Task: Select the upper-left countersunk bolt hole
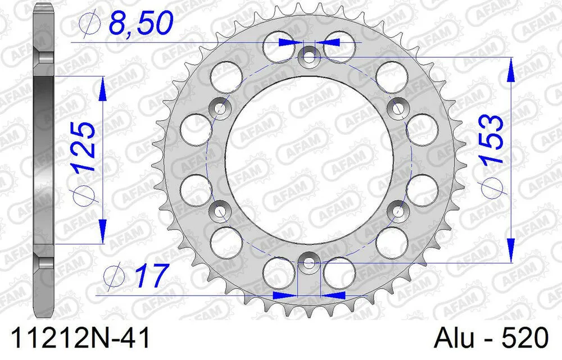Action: tap(220, 107)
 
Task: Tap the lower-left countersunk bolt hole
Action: tap(219, 211)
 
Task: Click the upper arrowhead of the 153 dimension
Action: tap(510, 70)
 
